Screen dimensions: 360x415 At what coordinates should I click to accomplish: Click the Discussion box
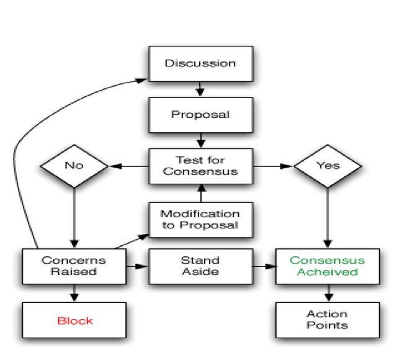(200, 63)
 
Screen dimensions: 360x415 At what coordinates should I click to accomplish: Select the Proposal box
(200, 115)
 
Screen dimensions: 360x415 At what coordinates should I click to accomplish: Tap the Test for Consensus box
(200, 166)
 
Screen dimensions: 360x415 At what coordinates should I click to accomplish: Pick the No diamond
(74, 166)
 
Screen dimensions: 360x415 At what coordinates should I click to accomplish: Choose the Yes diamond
(327, 166)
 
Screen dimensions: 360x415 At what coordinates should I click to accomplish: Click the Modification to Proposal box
(200, 219)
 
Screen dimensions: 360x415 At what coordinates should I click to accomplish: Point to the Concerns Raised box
(74, 266)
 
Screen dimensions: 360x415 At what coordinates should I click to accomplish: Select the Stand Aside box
(200, 266)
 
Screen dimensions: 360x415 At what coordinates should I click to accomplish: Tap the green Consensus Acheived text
(327, 266)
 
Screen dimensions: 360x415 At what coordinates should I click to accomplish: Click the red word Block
(74, 321)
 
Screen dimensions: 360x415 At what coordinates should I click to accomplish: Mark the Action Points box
(327, 320)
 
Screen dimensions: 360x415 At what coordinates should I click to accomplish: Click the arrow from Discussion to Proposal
(200, 89)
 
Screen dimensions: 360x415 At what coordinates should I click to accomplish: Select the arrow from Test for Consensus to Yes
(273, 166)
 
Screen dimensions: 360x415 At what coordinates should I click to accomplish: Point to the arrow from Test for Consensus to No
(128, 166)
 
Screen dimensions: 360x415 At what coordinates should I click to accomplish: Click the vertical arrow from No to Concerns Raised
(74, 217)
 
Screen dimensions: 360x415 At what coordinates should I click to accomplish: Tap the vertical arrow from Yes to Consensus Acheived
(327, 217)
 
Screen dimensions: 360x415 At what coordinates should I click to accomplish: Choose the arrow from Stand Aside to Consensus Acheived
(263, 266)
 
